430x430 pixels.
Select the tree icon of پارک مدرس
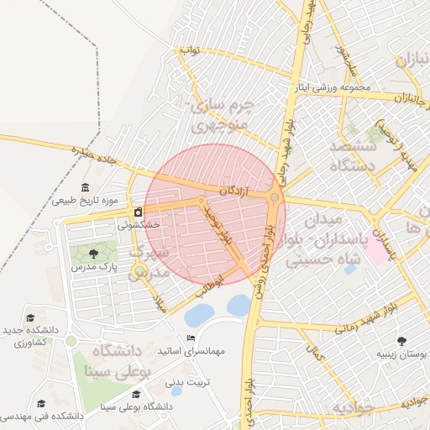pos(92,254)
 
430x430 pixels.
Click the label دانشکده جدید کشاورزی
pos(31,338)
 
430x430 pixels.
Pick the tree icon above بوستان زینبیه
pos(401,340)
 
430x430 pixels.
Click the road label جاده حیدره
pos(92,155)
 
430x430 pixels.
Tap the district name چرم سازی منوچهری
pos(222,118)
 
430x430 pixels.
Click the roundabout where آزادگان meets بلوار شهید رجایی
pos(275,197)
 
